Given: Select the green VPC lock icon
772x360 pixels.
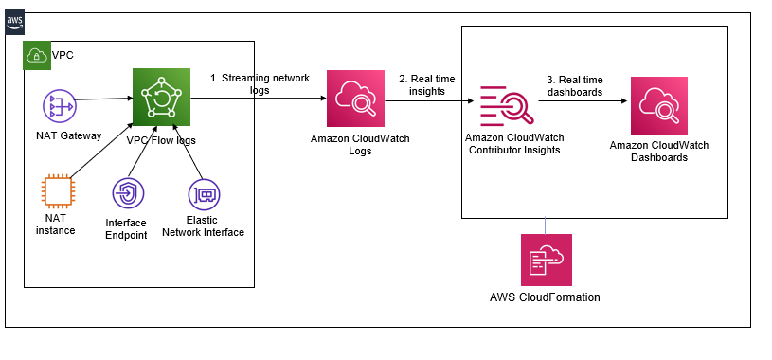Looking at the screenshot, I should pyautogui.click(x=33, y=54).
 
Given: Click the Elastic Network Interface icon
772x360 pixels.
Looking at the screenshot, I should pyautogui.click(x=202, y=194).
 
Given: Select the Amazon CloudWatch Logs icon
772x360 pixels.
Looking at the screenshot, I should pyautogui.click(x=352, y=99).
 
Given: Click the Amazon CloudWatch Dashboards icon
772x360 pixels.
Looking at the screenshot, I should pyautogui.click(x=658, y=104).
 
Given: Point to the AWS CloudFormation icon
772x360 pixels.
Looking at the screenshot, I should pyautogui.click(x=547, y=260).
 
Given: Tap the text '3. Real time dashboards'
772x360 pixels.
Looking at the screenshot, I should pyautogui.click(x=575, y=86).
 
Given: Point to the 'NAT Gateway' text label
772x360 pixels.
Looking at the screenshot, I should pyautogui.click(x=63, y=136).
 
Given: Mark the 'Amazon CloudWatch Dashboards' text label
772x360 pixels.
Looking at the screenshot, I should pyautogui.click(x=659, y=152).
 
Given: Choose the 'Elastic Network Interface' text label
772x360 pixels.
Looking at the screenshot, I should pyautogui.click(x=203, y=226).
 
